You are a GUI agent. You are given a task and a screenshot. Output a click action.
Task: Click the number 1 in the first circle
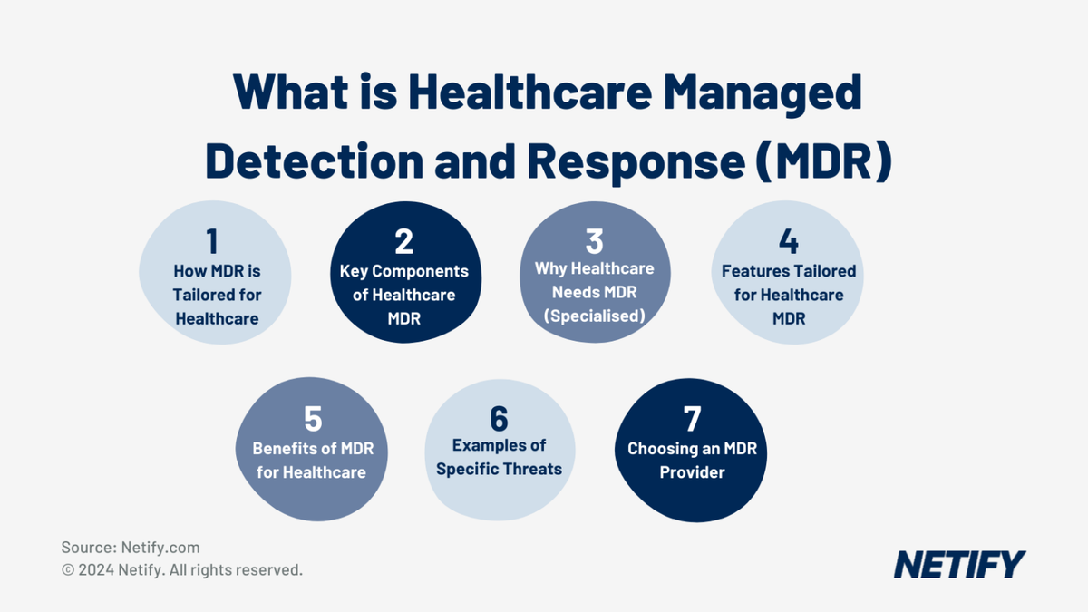(x=212, y=242)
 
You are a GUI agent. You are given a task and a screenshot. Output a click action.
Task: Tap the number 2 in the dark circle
(x=404, y=241)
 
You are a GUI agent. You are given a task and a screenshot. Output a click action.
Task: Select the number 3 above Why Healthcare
(x=594, y=241)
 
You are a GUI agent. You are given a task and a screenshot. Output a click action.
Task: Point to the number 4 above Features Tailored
(x=788, y=241)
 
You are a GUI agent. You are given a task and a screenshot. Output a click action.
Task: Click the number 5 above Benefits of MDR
(x=313, y=419)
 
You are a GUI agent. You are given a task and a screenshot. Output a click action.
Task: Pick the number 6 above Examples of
(x=499, y=419)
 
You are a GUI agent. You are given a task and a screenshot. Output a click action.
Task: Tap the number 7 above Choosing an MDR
(x=692, y=419)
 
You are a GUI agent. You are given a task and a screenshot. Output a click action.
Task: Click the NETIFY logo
(x=959, y=564)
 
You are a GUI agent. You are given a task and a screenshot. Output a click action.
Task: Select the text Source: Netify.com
(x=131, y=548)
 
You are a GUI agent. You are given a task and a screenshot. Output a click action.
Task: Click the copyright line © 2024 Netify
(x=181, y=570)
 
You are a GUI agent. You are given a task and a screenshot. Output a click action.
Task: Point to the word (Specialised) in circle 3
(x=594, y=316)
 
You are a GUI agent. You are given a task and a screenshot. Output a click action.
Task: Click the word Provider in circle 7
(x=692, y=472)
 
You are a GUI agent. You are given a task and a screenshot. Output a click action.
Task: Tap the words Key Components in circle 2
(x=404, y=271)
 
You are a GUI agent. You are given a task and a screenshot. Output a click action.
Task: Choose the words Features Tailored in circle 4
(x=788, y=271)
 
